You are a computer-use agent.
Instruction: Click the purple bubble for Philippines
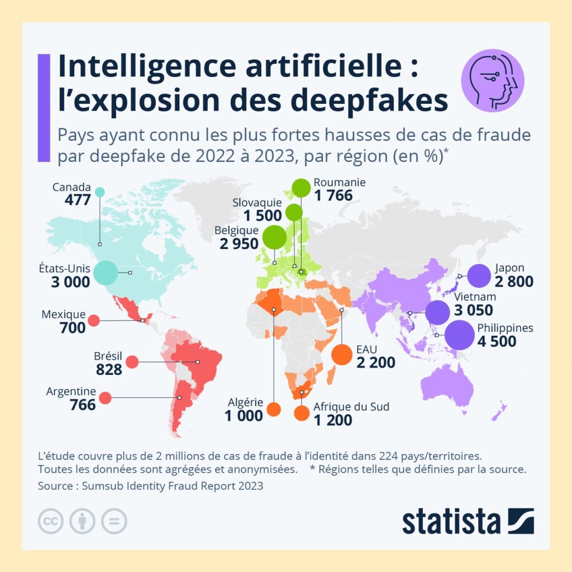[x=459, y=335]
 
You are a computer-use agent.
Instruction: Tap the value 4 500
[x=497, y=341]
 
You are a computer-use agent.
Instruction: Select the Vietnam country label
[x=475, y=297]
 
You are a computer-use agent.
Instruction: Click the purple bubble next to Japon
[x=478, y=275]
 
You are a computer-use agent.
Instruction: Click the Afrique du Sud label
[x=351, y=407]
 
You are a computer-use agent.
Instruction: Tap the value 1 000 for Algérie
[x=244, y=416]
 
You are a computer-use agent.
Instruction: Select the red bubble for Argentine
[x=105, y=398]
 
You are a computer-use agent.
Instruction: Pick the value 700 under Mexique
[x=73, y=327]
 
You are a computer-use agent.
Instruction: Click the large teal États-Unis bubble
[x=106, y=273]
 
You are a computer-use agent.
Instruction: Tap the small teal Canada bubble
[x=100, y=192]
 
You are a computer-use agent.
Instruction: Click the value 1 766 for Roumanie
[x=333, y=196]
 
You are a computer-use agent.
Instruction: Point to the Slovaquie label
[x=257, y=203]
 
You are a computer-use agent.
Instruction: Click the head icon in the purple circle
[x=493, y=80]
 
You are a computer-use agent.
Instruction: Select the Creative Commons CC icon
[x=50, y=521]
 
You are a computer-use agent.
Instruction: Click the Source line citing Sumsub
[x=150, y=486]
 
